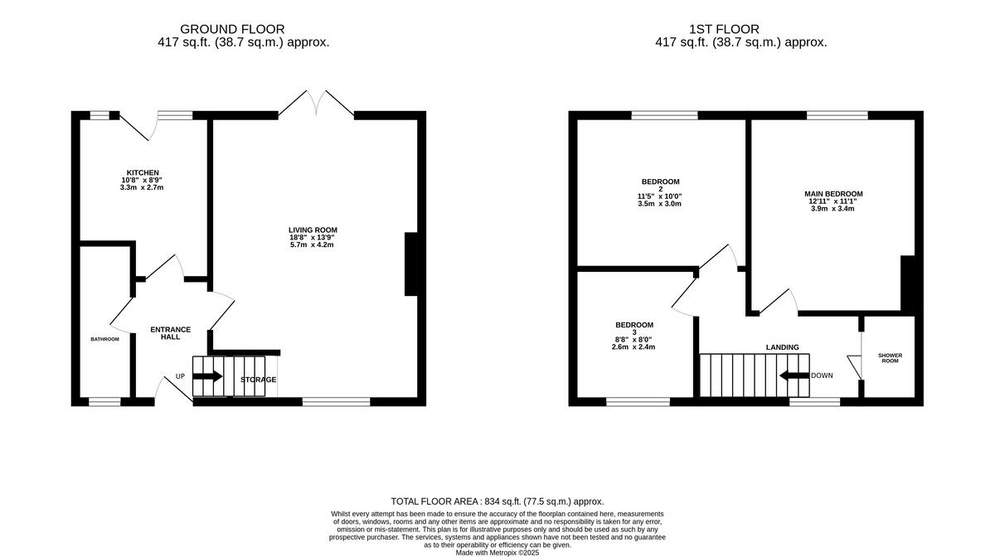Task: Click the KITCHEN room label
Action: pos(143,172)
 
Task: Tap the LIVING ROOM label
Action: pos(313,230)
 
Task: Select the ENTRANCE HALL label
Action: pos(170,333)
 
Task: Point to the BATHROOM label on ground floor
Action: pos(104,339)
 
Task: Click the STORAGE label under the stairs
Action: pos(258,380)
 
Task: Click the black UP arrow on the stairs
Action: pos(207,376)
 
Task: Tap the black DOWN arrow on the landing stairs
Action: pos(794,375)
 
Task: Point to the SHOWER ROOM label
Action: pos(891,358)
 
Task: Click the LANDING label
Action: pos(782,347)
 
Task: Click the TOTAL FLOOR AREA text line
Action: pos(497,501)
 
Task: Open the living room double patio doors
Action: pos(315,104)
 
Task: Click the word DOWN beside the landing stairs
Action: pos(822,375)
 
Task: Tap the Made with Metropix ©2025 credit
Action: pos(497,552)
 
